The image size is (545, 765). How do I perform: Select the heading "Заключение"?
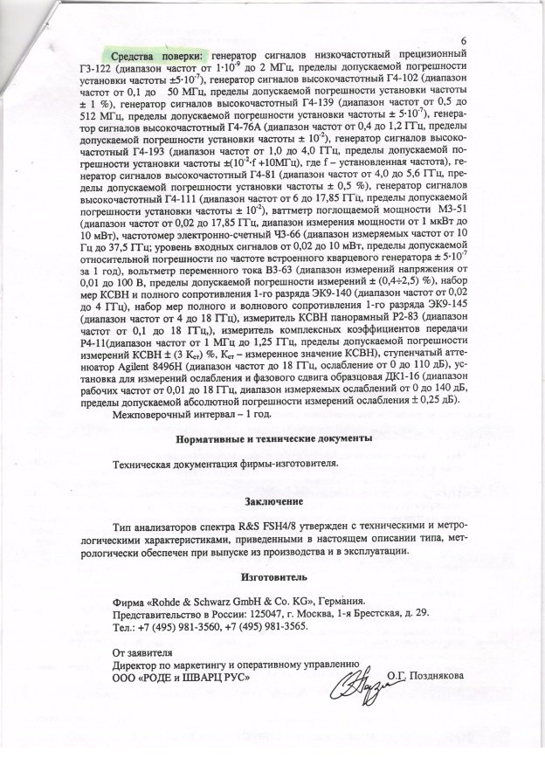[x=273, y=503]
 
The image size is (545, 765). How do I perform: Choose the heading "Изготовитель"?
[x=273, y=578]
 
